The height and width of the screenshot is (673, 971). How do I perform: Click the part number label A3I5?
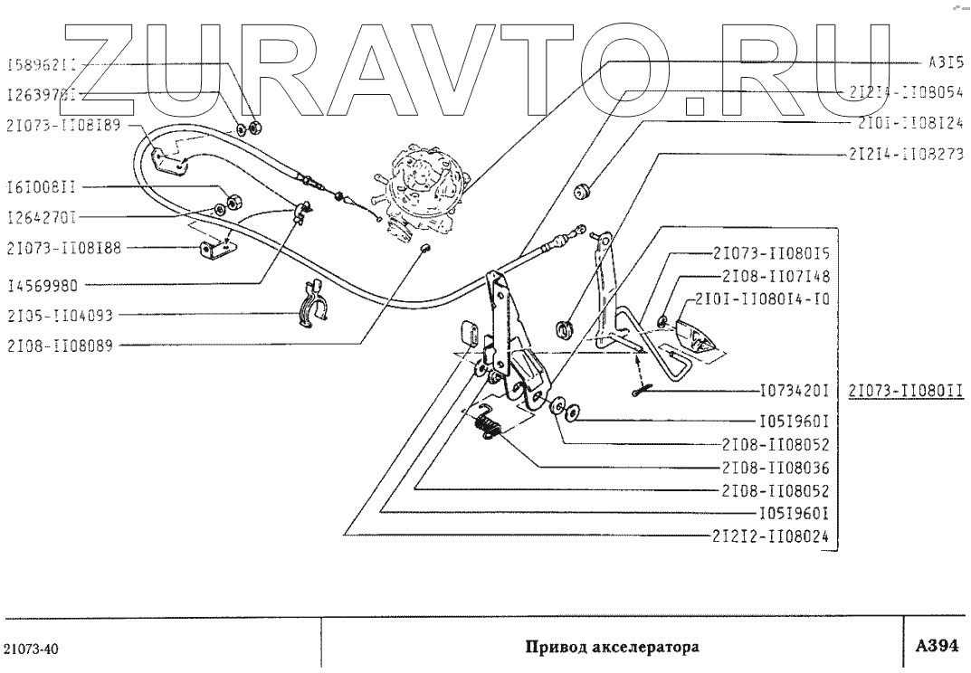pos(945,63)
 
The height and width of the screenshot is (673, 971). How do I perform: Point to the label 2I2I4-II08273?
pos(905,153)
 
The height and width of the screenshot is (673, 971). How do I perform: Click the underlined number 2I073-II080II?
pos(905,393)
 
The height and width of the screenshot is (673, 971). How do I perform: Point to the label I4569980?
pos(43,285)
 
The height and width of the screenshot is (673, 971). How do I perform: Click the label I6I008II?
pos(41,187)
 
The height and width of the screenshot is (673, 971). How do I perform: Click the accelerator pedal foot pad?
pos(699,340)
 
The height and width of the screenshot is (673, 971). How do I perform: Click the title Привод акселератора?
pos(613,648)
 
